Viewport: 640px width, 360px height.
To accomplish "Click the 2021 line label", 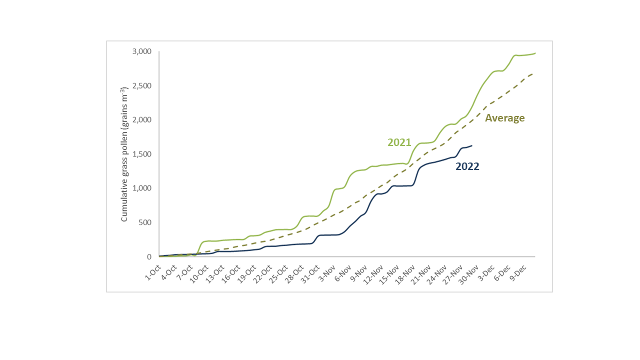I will pyautogui.click(x=399, y=142).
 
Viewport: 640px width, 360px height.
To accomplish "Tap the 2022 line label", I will pyautogui.click(x=467, y=167).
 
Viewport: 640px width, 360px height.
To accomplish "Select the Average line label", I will pyautogui.click(x=504, y=118).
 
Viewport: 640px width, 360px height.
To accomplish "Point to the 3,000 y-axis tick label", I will pyautogui.click(x=142, y=51).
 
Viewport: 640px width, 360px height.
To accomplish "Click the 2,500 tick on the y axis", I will pyautogui.click(x=142, y=86).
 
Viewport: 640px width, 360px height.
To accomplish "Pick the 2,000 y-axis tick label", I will pyautogui.click(x=142, y=120).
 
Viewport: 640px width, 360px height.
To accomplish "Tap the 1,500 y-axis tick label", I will pyautogui.click(x=142, y=154).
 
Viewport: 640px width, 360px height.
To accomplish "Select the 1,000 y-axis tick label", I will pyautogui.click(x=142, y=188).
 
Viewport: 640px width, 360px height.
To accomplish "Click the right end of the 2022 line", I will pyautogui.click(x=471, y=145).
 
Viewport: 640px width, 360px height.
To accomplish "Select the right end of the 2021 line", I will pyautogui.click(x=535, y=53).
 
